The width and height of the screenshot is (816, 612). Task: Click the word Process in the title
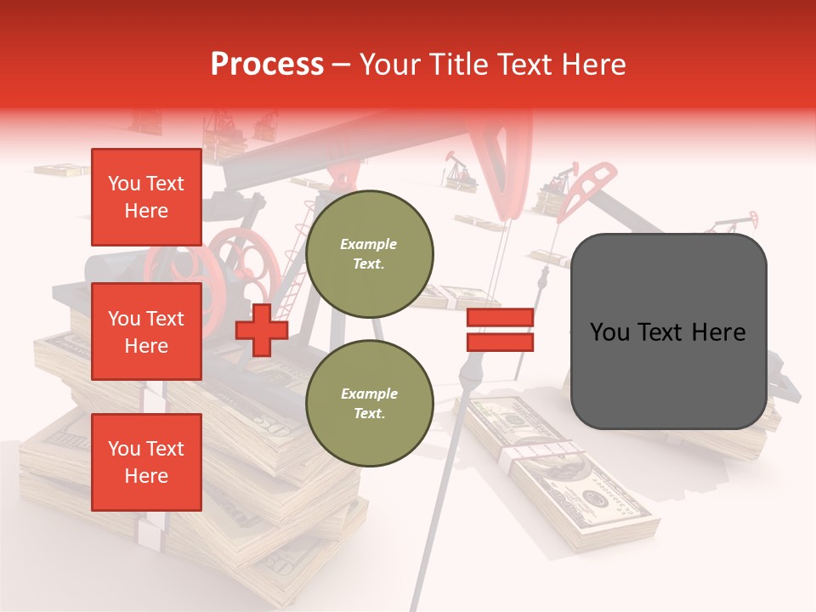pyautogui.click(x=267, y=65)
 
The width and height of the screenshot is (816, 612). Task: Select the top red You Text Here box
pyautogui.click(x=146, y=197)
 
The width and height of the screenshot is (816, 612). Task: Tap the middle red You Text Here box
pyautogui.click(x=146, y=331)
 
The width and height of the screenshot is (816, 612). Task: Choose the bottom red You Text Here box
pyautogui.click(x=146, y=462)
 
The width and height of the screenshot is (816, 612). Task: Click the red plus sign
pyautogui.click(x=261, y=331)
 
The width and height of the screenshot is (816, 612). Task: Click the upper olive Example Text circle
pyautogui.click(x=369, y=254)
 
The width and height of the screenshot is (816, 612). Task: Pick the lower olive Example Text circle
pyautogui.click(x=369, y=404)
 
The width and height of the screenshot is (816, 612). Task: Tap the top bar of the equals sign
pyautogui.click(x=500, y=318)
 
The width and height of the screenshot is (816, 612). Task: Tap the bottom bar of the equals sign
pyautogui.click(x=500, y=343)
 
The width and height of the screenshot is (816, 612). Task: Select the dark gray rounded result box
pyautogui.click(x=668, y=331)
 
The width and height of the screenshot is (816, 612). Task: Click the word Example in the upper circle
pyautogui.click(x=369, y=245)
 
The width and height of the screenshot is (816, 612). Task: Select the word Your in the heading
pyautogui.click(x=388, y=65)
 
